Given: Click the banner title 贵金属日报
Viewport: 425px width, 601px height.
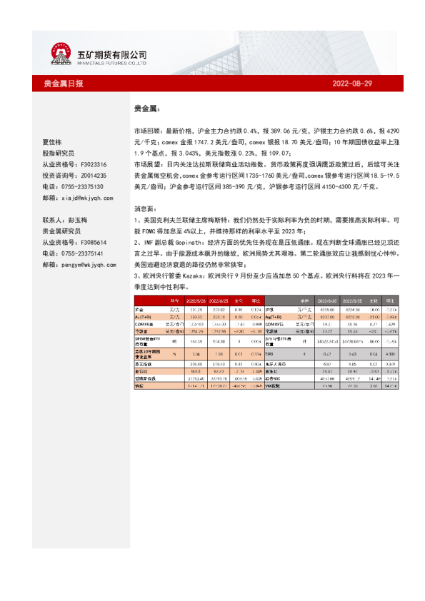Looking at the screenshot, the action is [63, 84].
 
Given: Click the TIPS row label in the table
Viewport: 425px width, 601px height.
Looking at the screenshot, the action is [271, 353].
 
